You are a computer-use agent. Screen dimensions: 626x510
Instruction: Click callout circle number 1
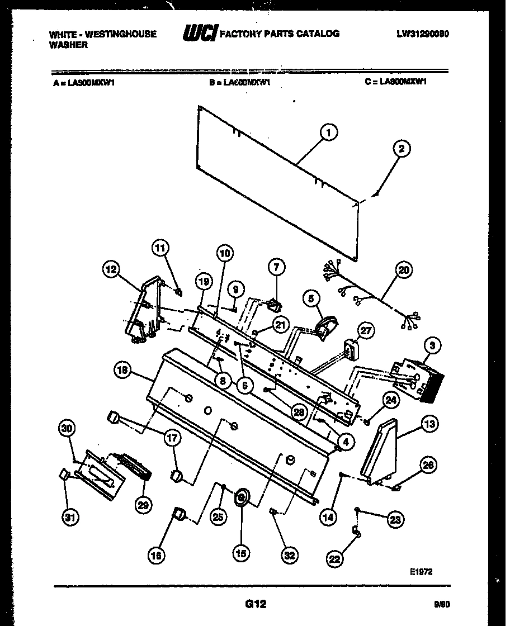tap(329, 132)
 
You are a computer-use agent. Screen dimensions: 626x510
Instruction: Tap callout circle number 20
tap(403, 270)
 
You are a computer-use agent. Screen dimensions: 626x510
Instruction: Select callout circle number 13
tap(429, 424)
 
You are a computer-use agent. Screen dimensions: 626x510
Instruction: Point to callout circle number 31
tap(69, 518)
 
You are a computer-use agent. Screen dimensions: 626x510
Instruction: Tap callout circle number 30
tap(67, 428)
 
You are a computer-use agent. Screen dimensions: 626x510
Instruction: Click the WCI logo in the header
tap(200, 34)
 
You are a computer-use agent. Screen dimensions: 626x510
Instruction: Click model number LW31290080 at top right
tap(423, 34)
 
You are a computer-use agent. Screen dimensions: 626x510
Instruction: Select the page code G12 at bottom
tap(254, 604)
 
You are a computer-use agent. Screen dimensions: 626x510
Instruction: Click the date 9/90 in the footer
tap(441, 604)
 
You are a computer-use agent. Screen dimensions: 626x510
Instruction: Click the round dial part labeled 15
tap(242, 496)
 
